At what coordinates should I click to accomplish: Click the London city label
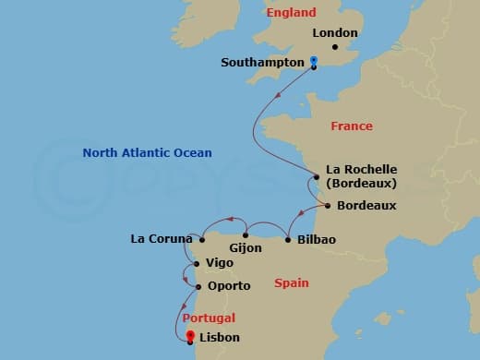point(335,33)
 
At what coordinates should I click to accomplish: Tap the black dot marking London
point(334,46)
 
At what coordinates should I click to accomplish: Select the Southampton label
point(262,63)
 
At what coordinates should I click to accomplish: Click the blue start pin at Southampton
point(314,62)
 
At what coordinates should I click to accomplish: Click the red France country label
point(352,126)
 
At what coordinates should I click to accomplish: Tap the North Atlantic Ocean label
point(147,153)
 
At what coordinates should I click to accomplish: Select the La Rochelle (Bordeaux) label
point(362,176)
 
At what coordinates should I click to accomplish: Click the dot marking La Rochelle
point(318,170)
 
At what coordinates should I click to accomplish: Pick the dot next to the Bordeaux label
point(330,205)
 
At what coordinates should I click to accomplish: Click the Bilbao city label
point(317,240)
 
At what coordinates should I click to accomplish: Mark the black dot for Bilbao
point(289,239)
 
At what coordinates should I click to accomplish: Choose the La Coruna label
point(161,240)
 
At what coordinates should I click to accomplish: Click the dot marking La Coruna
point(201,239)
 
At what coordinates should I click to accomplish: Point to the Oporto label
point(229,286)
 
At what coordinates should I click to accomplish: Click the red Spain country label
point(292,283)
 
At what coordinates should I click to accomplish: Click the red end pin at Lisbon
point(190,337)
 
